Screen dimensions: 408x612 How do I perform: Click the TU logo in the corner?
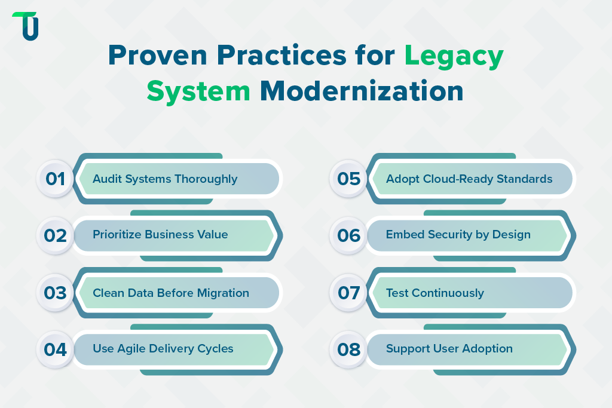pos(26,26)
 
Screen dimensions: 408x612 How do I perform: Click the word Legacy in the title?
pos(454,56)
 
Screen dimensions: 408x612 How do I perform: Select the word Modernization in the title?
pos(362,91)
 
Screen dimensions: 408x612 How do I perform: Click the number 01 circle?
pos(55,179)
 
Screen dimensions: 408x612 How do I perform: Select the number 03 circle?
pos(55,293)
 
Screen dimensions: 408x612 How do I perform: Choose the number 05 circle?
pos(348,179)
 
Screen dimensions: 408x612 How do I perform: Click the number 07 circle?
pos(348,293)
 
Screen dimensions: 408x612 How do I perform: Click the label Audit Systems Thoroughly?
pos(165,179)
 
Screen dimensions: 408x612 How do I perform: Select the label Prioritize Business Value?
pos(160,235)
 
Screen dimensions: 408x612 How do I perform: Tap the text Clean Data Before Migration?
pos(171,293)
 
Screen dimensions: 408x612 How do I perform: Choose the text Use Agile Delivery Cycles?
pos(163,348)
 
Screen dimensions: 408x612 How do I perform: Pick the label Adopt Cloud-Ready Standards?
pos(469,179)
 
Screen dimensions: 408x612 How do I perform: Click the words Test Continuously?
pos(435,293)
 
